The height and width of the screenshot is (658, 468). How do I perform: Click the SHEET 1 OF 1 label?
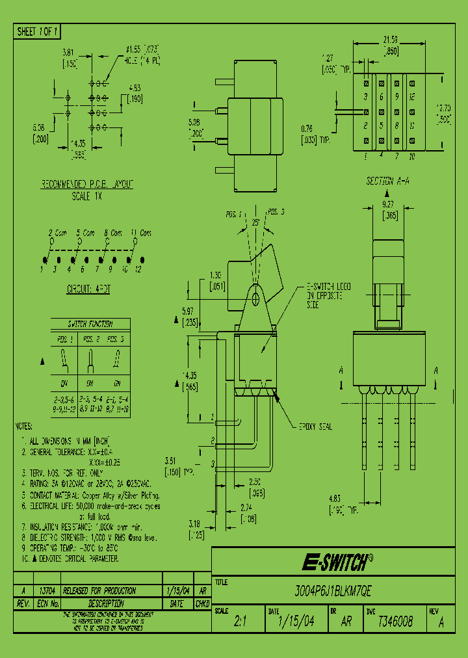coord(38,31)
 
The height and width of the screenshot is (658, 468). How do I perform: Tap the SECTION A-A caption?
coord(388,181)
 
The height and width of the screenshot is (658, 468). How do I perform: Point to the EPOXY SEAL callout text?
coord(315,427)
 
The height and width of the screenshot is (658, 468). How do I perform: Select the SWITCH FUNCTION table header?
coord(90,324)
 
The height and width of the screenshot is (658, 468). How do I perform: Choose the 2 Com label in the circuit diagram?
coord(58,232)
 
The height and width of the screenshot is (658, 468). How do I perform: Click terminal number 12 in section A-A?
coord(413,96)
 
